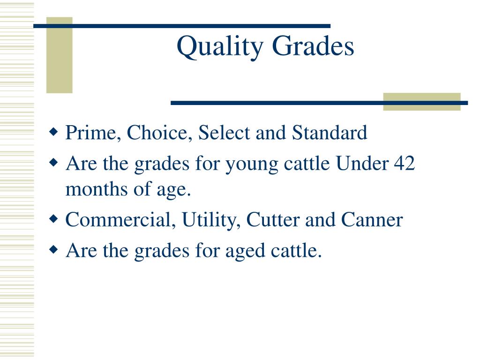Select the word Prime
[91, 133]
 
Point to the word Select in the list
[224, 133]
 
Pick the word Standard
[330, 133]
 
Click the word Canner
[372, 220]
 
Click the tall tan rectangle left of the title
[60, 55]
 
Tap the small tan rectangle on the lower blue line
[421, 102]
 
